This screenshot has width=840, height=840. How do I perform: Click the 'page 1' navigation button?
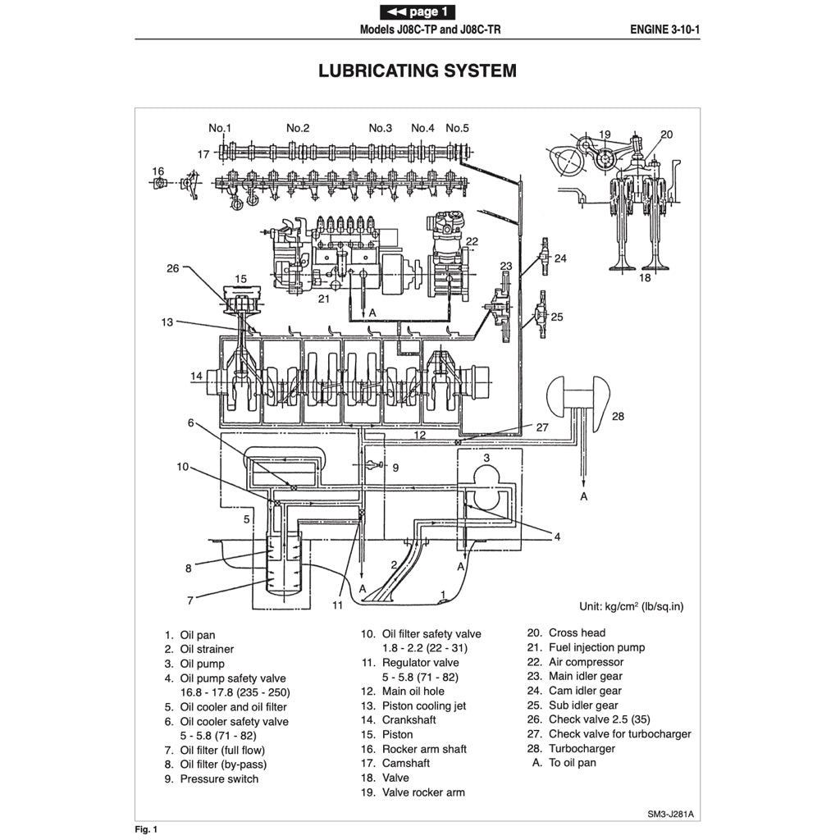[418, 11]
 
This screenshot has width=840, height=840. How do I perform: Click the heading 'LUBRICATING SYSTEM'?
[418, 71]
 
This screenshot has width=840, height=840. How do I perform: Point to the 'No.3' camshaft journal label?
[380, 128]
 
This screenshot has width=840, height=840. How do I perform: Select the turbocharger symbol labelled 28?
[579, 397]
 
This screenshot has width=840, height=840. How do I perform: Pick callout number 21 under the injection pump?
[324, 299]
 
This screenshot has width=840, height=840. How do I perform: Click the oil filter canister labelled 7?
[279, 566]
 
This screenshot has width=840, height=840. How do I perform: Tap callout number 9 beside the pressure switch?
[395, 468]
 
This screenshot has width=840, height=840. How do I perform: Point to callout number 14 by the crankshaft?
[197, 377]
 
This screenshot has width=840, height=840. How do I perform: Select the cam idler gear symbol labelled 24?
[542, 258]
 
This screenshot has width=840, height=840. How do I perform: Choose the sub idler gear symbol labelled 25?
[541, 314]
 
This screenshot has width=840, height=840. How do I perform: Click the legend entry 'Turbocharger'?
[581, 748]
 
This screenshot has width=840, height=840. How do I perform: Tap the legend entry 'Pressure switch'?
[218, 778]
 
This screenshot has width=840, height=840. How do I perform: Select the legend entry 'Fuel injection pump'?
[596, 647]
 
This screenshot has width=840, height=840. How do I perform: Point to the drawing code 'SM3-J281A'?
[674, 815]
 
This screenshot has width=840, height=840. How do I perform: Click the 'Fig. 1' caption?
[146, 829]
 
